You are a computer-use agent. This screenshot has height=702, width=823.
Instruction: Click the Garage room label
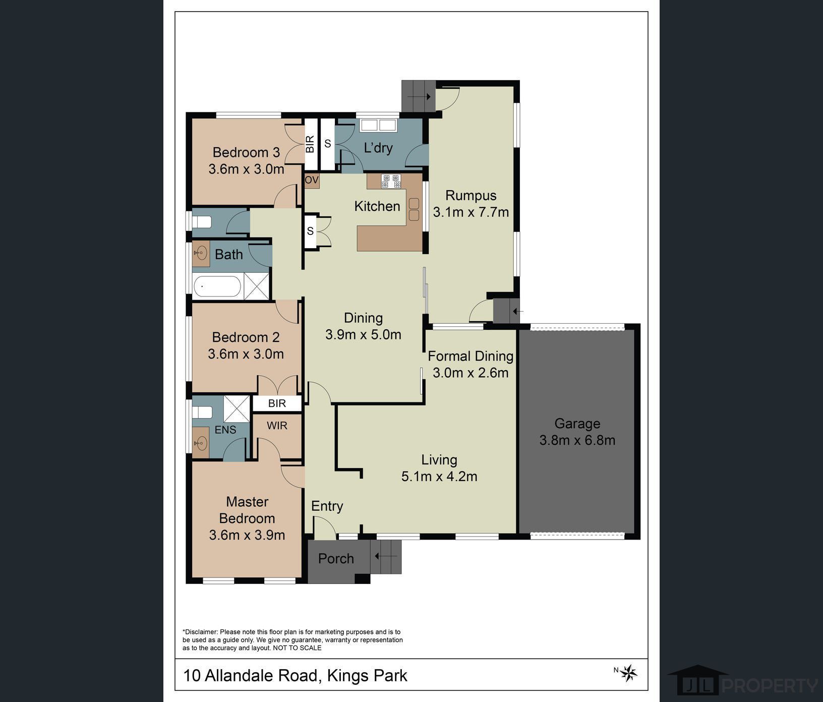[x=577, y=424]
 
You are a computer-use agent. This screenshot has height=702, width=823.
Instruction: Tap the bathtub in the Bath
[x=218, y=286]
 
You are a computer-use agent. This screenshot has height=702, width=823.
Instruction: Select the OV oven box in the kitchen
[x=312, y=180]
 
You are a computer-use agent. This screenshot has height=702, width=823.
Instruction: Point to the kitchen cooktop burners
[x=391, y=181]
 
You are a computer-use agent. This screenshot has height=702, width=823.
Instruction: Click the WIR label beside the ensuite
[x=277, y=426]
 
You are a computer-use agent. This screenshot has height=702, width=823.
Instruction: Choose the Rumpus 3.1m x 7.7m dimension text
[x=471, y=212]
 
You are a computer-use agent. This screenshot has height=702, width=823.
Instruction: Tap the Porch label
[x=336, y=559]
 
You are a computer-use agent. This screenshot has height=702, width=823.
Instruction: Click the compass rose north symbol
[x=628, y=673]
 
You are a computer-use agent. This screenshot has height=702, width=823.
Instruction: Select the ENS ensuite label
[x=225, y=430]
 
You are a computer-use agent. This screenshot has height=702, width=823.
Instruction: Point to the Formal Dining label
[x=471, y=356]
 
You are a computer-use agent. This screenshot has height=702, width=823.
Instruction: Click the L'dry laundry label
[x=378, y=148]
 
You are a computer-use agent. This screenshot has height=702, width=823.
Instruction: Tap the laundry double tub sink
[x=378, y=125]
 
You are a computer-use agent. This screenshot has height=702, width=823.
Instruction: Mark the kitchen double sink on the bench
[x=414, y=209]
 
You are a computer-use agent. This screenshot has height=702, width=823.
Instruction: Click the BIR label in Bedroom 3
[x=310, y=144]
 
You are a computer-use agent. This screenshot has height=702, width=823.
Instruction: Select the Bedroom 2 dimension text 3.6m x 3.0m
[x=246, y=354]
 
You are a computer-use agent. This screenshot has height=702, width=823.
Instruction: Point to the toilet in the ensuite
[x=202, y=412]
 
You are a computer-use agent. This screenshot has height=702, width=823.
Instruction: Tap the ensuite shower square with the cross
[x=237, y=408]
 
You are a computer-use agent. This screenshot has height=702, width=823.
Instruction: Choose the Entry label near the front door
[x=327, y=506]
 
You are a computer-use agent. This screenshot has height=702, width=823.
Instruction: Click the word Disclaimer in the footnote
[x=200, y=632]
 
